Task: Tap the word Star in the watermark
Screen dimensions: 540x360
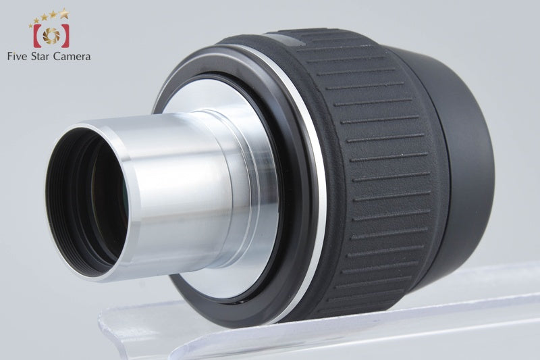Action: (x=40, y=57)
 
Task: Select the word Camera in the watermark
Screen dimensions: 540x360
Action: (x=72, y=57)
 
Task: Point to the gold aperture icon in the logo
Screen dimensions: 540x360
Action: (x=51, y=36)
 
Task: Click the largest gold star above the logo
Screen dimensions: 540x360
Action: (x=63, y=14)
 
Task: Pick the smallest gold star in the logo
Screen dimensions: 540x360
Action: (x=30, y=25)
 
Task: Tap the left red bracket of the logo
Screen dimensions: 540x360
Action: (x=37, y=36)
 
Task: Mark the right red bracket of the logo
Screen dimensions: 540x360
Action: (x=65, y=36)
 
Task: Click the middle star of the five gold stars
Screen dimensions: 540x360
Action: (x=45, y=18)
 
